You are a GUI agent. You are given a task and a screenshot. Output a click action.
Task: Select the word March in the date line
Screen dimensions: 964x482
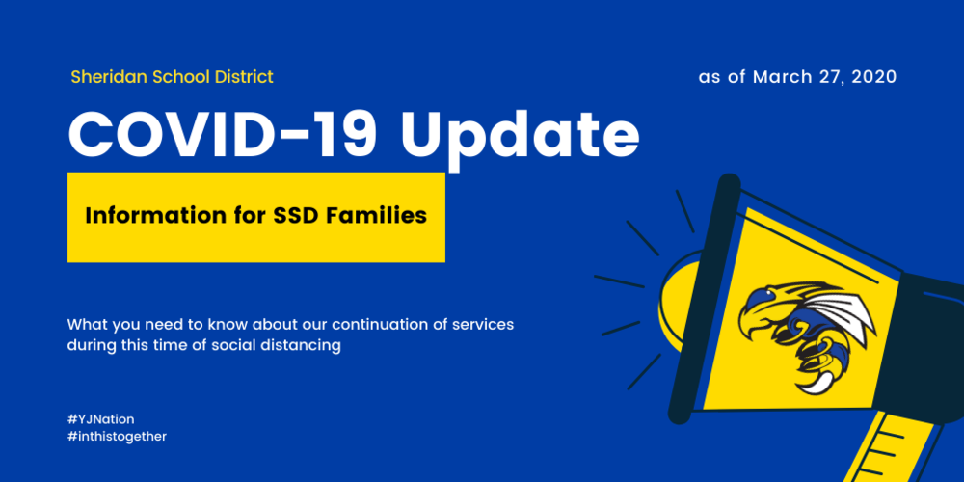[776, 77]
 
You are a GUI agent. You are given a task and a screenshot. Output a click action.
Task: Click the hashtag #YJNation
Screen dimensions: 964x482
[101, 419]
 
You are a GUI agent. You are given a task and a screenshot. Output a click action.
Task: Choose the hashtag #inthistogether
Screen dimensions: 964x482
[117, 437]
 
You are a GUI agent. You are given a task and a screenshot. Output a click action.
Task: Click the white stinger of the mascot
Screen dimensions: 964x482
[813, 384]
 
